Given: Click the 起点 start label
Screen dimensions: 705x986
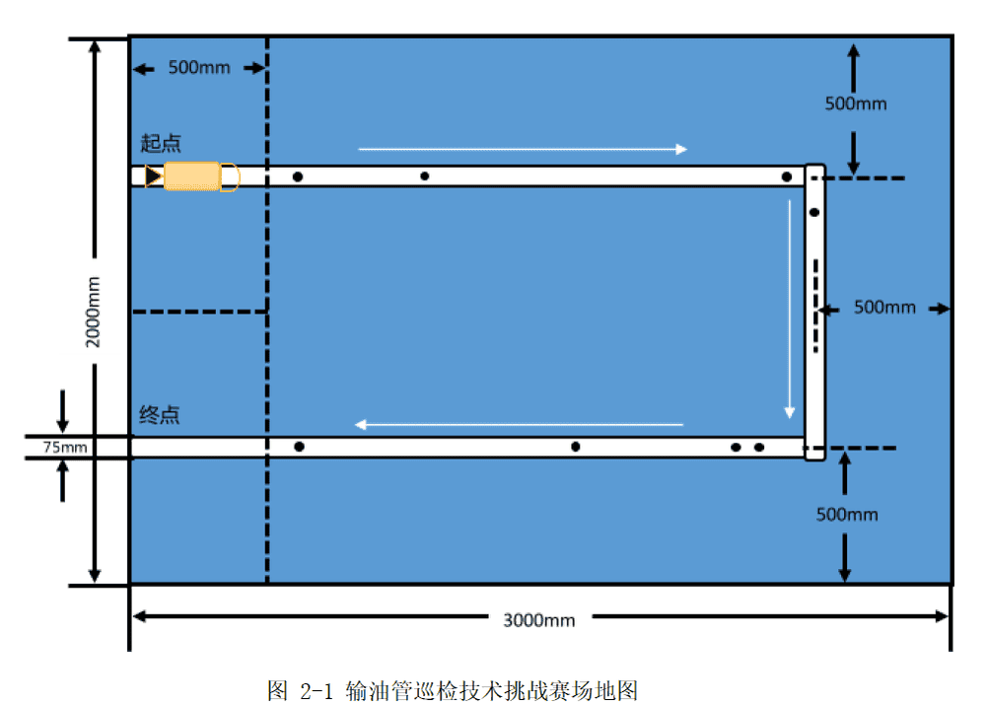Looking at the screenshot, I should coord(161,144).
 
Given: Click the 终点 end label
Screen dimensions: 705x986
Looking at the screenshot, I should coord(160,415).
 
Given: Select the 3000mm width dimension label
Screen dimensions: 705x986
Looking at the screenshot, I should coord(539,620).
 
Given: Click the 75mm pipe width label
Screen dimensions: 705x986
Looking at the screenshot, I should coord(65,448).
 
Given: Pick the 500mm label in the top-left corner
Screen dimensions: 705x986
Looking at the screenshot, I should coord(199,68).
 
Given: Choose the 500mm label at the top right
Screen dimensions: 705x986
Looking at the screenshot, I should coord(856,104).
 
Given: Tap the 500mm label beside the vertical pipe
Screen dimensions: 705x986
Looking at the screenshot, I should coord(884,308).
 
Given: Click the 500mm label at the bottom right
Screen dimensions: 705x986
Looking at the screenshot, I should coord(847,515).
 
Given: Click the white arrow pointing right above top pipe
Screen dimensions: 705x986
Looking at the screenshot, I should coord(523,150).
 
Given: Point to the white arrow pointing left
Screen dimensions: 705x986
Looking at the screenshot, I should coord(519,425).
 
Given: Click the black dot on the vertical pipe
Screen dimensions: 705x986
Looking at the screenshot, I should coord(814,212).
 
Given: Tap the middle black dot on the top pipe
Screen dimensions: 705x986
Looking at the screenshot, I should coord(425,176).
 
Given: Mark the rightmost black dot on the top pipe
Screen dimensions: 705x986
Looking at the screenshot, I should coord(786,177).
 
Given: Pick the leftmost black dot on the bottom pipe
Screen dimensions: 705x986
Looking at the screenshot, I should coord(299,447).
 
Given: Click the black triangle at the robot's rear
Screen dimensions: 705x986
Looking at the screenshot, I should coord(153,176).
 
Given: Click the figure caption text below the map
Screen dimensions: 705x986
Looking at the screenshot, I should coord(460,690).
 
